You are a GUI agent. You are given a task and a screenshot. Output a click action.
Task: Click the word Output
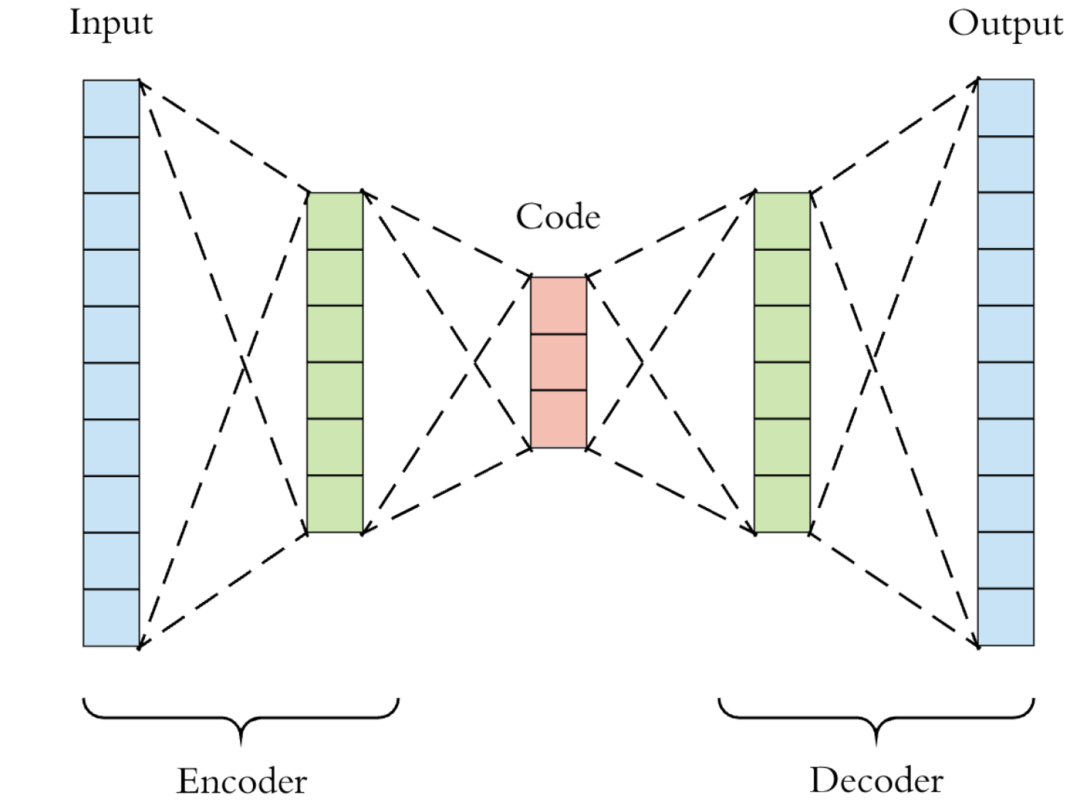coord(1005,25)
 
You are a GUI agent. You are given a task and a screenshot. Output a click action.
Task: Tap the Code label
coord(558,216)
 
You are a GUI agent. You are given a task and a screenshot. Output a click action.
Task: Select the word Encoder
coord(242,781)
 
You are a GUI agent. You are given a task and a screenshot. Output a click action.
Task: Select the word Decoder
coord(876,781)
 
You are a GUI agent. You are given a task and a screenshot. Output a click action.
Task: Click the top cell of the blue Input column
coord(111,108)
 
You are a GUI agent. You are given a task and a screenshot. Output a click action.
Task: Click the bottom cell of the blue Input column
coord(111,618)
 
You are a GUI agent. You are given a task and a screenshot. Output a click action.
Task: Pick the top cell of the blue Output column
coord(1006,107)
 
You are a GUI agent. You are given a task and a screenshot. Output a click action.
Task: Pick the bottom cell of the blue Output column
coord(1006,617)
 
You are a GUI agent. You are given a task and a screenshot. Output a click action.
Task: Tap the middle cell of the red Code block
coord(559,362)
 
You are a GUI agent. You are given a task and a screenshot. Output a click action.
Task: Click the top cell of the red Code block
coord(559,305)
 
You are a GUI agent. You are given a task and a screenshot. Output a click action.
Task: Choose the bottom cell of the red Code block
coord(559,419)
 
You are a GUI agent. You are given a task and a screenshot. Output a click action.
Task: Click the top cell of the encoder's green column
coord(335,220)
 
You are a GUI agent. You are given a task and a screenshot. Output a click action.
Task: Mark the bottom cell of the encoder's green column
coord(335,504)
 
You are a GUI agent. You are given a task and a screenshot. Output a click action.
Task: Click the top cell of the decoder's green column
coord(782,220)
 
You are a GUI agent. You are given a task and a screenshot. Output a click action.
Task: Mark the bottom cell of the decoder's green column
coord(782,504)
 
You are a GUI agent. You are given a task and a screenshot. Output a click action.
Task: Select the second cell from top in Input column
coord(111,165)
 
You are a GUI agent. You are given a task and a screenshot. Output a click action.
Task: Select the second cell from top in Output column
coord(1006,165)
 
